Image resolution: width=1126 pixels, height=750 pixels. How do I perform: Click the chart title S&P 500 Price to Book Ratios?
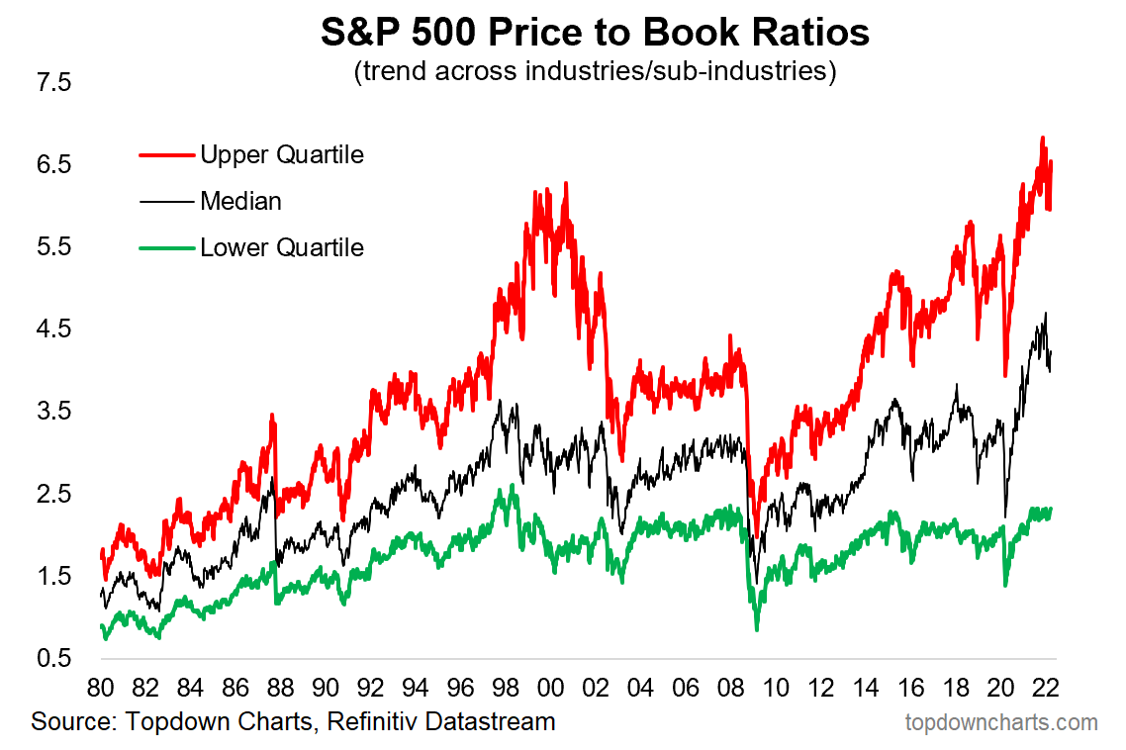[x=595, y=34]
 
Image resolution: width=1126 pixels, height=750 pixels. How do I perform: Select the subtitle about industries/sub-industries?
[x=595, y=72]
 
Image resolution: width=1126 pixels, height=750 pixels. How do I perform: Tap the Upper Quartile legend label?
[x=282, y=154]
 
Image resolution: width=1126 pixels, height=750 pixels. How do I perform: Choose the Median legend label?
[x=240, y=201]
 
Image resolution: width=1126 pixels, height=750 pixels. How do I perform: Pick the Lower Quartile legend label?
[x=282, y=247]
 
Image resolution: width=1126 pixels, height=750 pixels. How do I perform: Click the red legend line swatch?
[x=165, y=154]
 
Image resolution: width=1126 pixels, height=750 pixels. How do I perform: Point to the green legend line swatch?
[x=165, y=247]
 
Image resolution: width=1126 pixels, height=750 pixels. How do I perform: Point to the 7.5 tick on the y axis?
[x=53, y=82]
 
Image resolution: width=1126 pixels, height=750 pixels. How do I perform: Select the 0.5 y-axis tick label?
[x=53, y=658]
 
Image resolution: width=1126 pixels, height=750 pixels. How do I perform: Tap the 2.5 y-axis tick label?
[x=53, y=494]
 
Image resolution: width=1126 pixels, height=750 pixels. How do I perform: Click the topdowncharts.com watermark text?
[x=1001, y=722]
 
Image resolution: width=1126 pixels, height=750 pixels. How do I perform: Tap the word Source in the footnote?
[x=66, y=721]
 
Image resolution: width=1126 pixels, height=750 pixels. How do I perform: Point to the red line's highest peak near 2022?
[x=1043, y=139]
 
